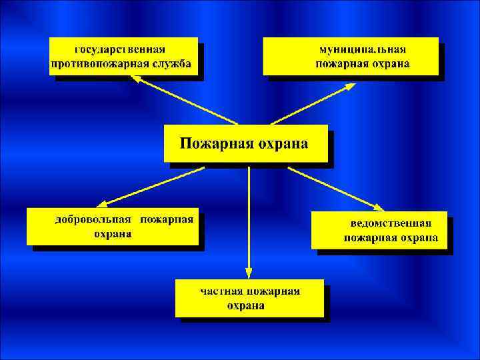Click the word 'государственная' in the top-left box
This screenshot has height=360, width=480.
pos(120,49)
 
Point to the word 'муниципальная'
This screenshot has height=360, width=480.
pos(363,49)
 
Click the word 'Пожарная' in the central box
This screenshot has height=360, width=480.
pos(211,143)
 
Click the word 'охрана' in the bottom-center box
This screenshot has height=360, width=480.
pos(245,306)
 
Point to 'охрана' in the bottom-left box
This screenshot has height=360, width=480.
pos(112,234)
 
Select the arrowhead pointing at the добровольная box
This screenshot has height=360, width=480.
pos(101,204)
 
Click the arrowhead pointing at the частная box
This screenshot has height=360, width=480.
pos(249,273)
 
